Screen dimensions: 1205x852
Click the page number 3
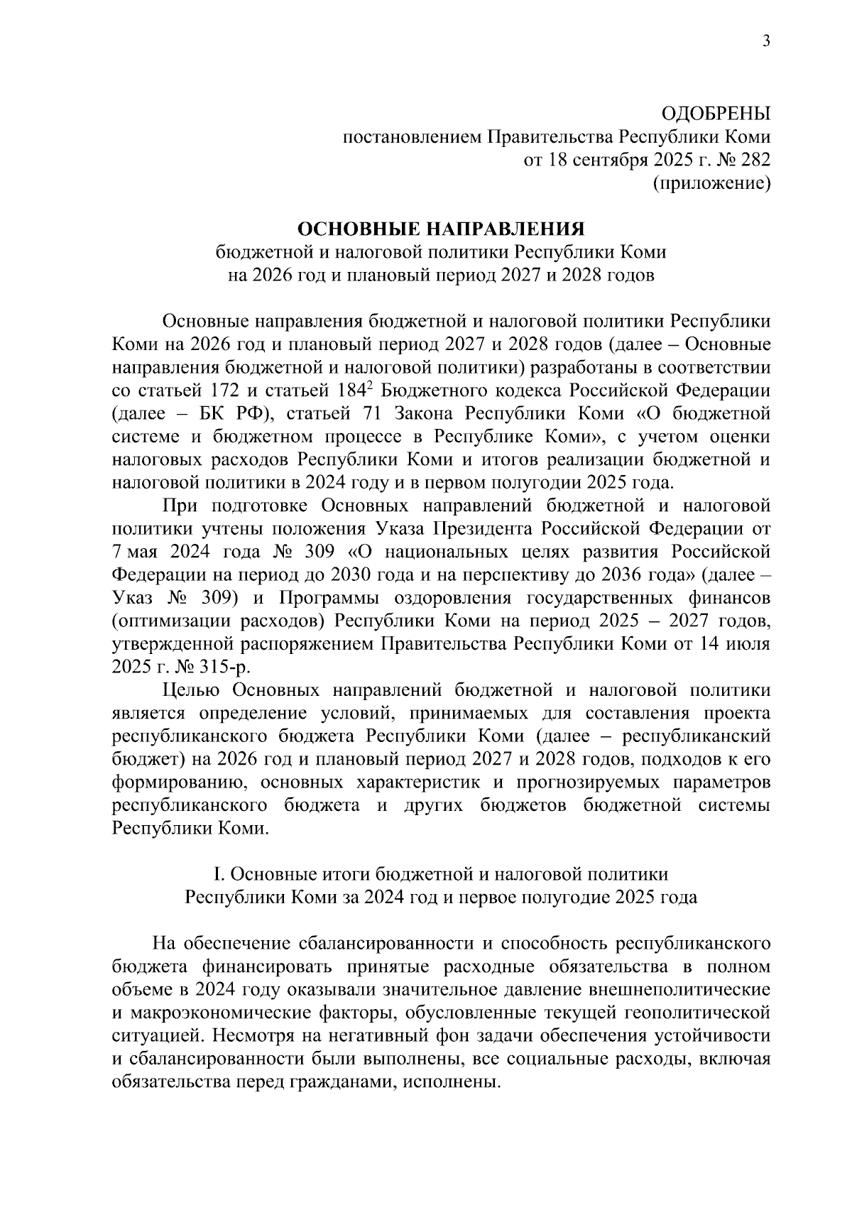pyautogui.click(x=766, y=42)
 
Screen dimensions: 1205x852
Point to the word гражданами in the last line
pyautogui.click(x=338, y=1083)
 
